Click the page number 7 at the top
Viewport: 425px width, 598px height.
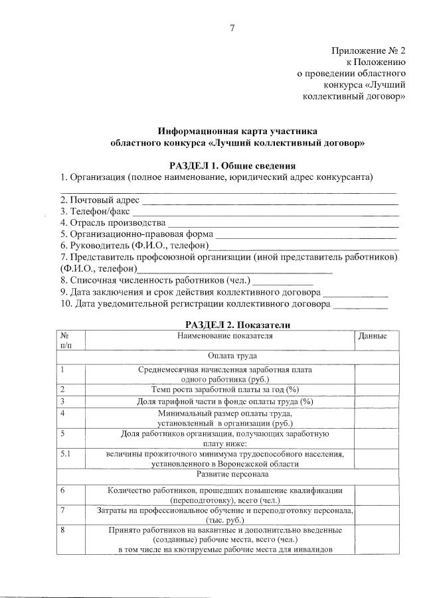point(232,27)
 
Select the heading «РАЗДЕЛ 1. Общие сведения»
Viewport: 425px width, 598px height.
point(232,165)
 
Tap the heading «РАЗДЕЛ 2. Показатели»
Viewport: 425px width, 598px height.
point(232,324)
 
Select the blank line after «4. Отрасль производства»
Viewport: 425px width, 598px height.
point(283,224)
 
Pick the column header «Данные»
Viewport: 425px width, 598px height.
point(373,336)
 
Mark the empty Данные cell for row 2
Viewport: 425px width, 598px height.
point(379,390)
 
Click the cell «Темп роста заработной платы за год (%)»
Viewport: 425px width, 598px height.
point(225,390)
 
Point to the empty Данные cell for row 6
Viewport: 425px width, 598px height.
point(379,494)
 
